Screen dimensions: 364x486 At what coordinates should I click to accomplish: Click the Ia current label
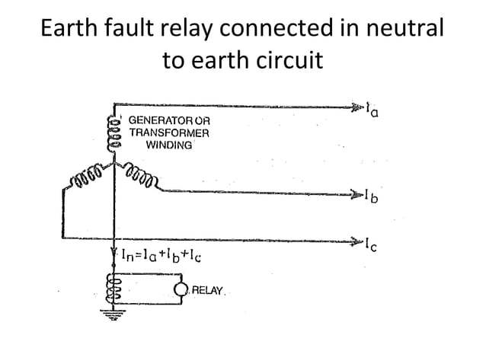pyautogui.click(x=372, y=110)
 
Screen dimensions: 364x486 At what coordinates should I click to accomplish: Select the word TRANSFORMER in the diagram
pyautogui.click(x=168, y=133)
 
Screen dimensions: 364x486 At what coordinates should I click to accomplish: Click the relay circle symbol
pyautogui.click(x=182, y=290)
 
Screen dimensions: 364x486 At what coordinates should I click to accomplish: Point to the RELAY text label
pyautogui.click(x=207, y=290)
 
